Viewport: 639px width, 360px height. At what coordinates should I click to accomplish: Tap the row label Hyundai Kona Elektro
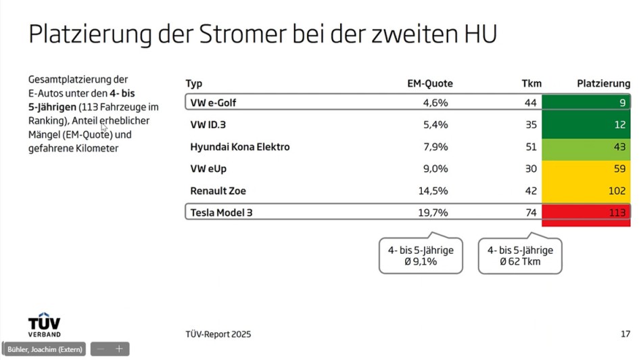coord(239,147)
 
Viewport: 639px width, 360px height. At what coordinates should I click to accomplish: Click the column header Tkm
coord(531,83)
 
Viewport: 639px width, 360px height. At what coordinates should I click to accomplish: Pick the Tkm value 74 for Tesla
coord(530,212)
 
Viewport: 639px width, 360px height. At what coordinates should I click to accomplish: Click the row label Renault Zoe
coord(217,191)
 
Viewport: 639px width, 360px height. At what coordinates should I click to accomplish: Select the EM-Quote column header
coord(429,83)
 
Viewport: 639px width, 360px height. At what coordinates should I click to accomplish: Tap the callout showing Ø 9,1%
coord(421,255)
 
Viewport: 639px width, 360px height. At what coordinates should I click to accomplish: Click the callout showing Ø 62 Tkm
coord(520,255)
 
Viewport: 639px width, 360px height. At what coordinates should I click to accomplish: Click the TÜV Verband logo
coord(44,325)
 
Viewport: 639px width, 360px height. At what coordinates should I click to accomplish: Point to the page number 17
coord(625,334)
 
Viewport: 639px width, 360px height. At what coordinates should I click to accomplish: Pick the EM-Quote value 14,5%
coord(433,191)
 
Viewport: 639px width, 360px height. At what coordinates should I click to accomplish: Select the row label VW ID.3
coord(208,125)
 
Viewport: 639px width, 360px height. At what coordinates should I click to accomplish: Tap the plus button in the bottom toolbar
coord(119,349)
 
